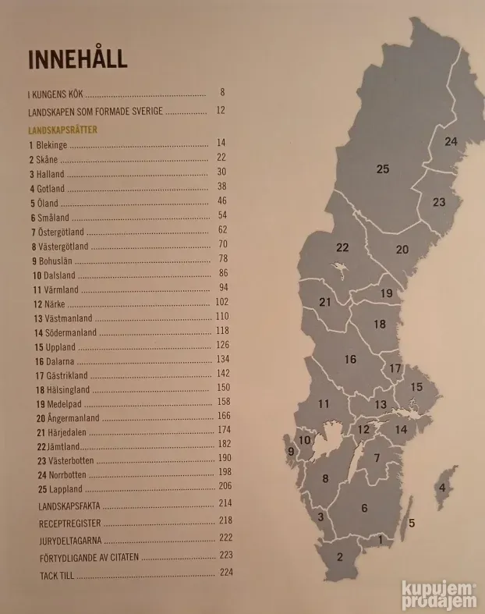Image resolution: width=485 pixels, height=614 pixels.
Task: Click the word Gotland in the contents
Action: [50, 188]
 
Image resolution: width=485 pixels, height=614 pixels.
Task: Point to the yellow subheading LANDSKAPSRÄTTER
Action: [62, 130]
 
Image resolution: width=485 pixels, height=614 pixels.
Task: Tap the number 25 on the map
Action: [382, 169]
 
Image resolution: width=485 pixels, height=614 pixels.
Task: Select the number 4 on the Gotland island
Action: [442, 488]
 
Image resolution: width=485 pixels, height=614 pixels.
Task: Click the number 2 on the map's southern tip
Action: [340, 556]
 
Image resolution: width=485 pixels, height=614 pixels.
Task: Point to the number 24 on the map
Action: [451, 141]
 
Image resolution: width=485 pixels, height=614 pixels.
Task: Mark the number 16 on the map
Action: [350, 359]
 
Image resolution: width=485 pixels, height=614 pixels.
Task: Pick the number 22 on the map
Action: [342, 247]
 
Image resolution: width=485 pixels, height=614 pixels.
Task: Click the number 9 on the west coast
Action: [291, 451]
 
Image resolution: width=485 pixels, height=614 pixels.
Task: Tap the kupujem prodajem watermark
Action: [438, 594]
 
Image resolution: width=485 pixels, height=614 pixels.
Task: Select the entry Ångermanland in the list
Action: [68, 418]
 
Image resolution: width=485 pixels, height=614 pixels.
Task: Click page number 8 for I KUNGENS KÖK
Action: [222, 92]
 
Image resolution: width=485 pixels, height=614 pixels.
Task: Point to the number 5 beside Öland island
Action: [411, 523]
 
